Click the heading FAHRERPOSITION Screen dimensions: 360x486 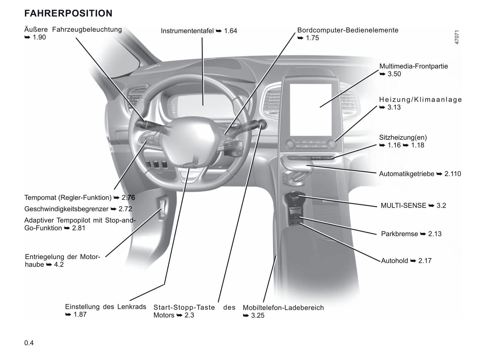(x=68, y=13)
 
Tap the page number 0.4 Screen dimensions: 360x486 (x=29, y=343)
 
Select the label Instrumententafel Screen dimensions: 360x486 (x=187, y=31)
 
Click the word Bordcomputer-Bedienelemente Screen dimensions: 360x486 (x=348, y=30)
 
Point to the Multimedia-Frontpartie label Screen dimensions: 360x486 (x=413, y=66)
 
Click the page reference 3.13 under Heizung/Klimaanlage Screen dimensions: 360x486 (x=394, y=107)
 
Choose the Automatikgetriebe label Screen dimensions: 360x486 (x=406, y=174)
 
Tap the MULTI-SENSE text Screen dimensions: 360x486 (x=403, y=206)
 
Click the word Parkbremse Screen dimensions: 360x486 (x=399, y=234)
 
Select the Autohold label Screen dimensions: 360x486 (x=394, y=261)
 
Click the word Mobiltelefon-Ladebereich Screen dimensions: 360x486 (x=283, y=308)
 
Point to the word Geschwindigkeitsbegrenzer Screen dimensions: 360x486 (x=66, y=209)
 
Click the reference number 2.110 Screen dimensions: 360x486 (x=453, y=174)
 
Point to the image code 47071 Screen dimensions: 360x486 (x=457, y=37)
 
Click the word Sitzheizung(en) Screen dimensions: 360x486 (x=403, y=137)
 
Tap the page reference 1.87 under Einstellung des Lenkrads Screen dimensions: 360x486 (x=80, y=315)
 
